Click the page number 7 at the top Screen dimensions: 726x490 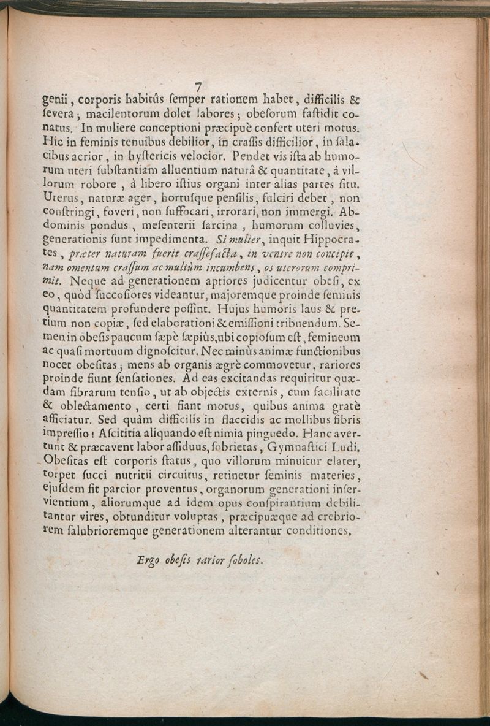point(198,86)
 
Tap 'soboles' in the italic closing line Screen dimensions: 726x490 point(244,560)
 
